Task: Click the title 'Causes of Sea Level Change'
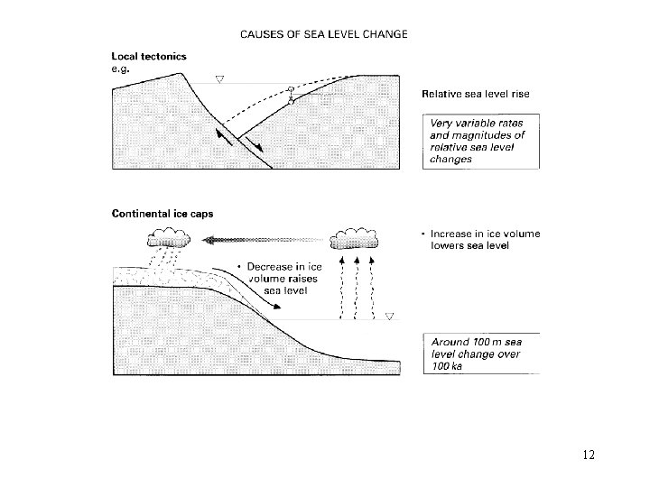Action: [x=323, y=34]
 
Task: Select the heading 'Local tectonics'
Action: [x=150, y=55]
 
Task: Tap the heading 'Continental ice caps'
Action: [x=156, y=214]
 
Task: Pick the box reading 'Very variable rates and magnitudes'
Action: [x=478, y=141]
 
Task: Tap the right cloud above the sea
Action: [x=356, y=239]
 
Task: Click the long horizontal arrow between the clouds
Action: [x=262, y=240]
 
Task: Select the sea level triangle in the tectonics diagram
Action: [x=218, y=80]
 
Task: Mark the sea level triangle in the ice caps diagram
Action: [x=390, y=317]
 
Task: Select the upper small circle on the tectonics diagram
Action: [x=291, y=88]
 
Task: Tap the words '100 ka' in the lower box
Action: [x=446, y=365]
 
